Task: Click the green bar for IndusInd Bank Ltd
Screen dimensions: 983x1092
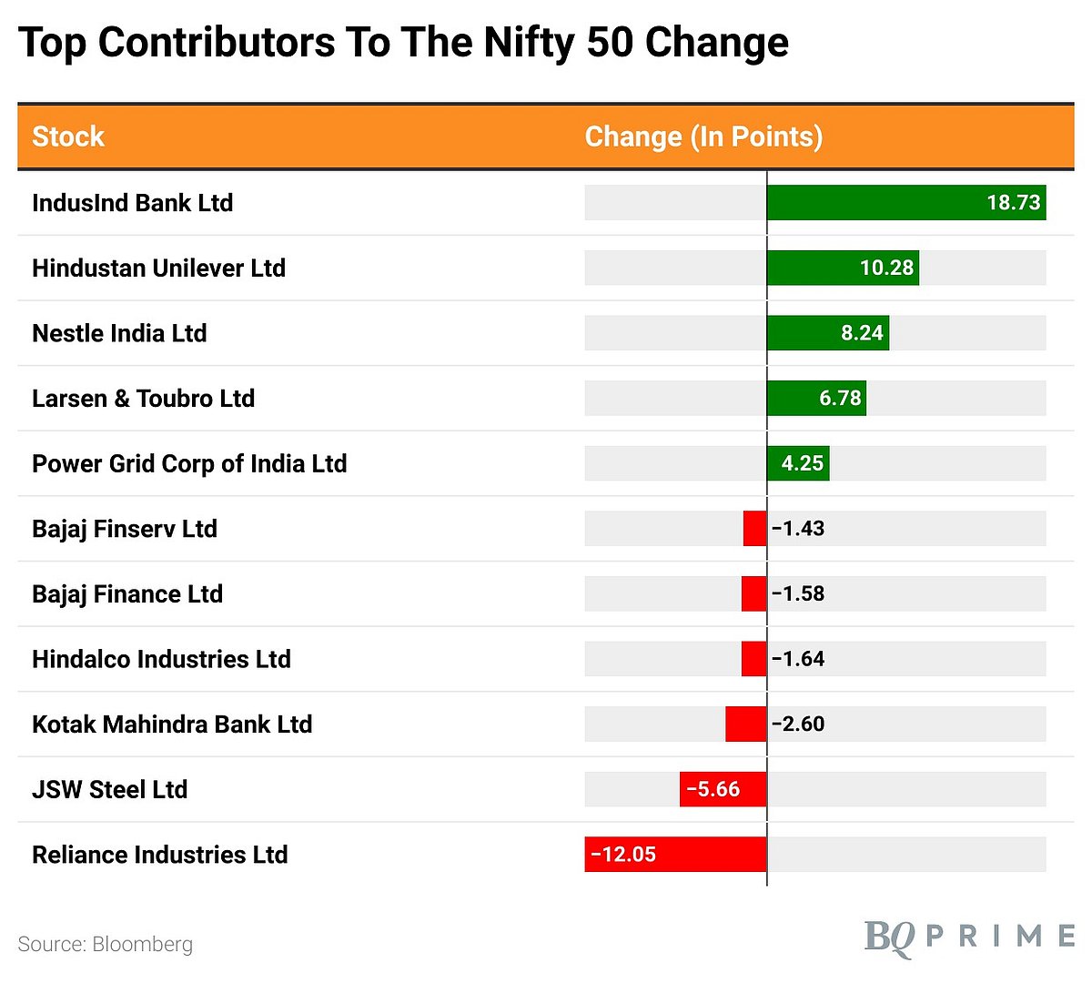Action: (x=905, y=202)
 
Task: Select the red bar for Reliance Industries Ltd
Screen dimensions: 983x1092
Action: (x=675, y=855)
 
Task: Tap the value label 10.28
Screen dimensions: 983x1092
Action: (x=886, y=268)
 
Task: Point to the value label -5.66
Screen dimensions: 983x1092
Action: (x=713, y=789)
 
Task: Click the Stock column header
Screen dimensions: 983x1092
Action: (x=68, y=137)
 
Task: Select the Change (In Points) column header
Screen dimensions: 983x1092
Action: (x=703, y=137)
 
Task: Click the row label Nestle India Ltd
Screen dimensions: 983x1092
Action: (x=119, y=333)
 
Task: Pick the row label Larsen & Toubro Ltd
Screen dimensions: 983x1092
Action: (x=143, y=399)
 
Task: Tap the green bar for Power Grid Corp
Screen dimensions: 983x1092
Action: (x=798, y=463)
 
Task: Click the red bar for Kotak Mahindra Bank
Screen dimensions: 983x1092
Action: (x=745, y=724)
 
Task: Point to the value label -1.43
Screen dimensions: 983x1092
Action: (x=798, y=529)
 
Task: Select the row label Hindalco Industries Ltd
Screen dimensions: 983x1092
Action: (x=161, y=659)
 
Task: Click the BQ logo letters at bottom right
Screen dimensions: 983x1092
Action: (x=889, y=937)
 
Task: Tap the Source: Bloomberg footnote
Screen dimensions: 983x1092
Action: (x=106, y=944)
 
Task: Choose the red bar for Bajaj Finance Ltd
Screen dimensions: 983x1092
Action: (x=753, y=593)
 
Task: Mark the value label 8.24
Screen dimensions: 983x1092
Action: (x=862, y=333)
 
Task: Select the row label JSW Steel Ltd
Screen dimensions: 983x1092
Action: (x=109, y=789)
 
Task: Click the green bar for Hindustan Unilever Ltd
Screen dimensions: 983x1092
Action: (x=843, y=268)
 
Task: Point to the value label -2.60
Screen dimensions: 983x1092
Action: (x=798, y=724)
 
